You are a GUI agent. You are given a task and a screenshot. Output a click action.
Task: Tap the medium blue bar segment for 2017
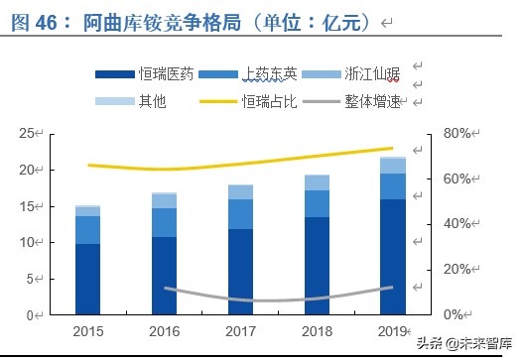pos(241,213)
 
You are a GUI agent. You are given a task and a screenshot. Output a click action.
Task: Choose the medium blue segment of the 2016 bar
pos(164,222)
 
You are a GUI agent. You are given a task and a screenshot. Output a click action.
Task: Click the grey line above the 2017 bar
pos(241,300)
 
